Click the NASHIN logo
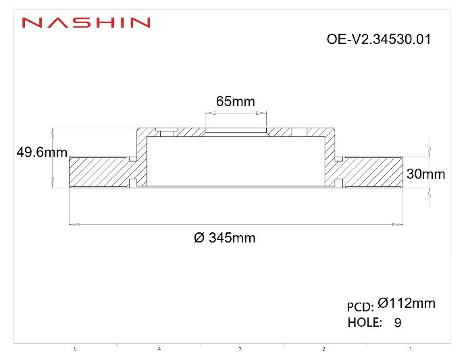click(85, 23)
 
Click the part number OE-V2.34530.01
click(378, 39)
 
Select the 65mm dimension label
click(235, 101)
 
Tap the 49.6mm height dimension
click(41, 153)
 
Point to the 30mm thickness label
click(425, 174)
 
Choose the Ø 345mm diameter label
click(224, 238)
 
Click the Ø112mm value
click(407, 303)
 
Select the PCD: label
click(360, 307)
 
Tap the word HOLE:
click(365, 322)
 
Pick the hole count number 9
click(397, 323)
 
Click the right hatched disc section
click(372, 172)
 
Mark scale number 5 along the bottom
click(75, 349)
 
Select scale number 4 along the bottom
click(159, 349)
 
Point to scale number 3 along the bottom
click(240, 349)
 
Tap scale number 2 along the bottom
click(323, 349)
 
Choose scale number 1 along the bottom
click(411, 349)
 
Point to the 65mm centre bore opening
click(236, 131)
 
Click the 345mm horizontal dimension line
click(236, 224)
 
